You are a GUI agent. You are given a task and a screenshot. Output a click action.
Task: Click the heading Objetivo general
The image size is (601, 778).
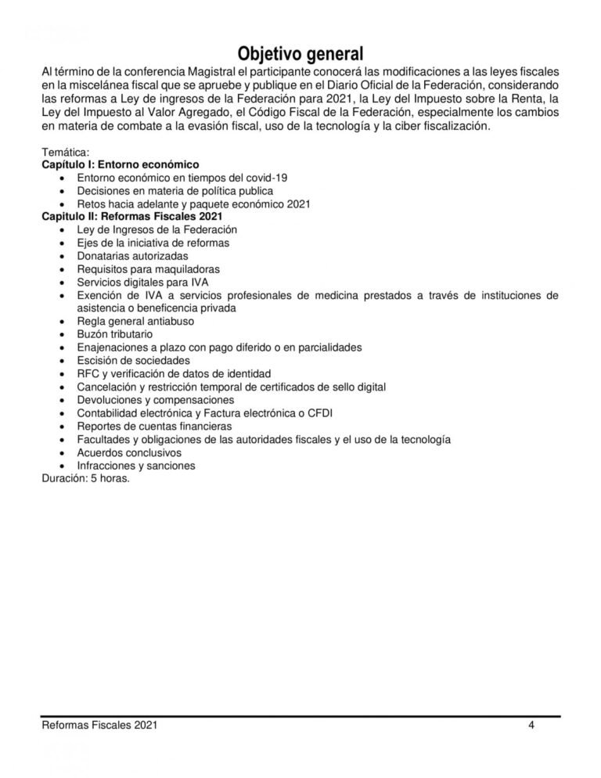[300, 53]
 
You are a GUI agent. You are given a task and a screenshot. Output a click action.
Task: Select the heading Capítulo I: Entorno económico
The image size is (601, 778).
[120, 165]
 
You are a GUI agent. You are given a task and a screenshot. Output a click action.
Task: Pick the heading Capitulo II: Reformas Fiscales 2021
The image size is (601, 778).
[132, 217]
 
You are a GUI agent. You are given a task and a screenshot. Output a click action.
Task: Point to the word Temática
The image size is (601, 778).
[65, 152]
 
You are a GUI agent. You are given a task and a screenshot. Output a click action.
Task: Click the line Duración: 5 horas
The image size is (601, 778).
[85, 478]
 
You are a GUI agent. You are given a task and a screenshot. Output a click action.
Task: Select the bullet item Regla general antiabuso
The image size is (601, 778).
[135, 321]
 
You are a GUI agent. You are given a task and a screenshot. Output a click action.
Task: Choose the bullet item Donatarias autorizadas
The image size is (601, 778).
[132, 256]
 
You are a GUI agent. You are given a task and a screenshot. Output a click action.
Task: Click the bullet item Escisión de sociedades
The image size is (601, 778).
[134, 361]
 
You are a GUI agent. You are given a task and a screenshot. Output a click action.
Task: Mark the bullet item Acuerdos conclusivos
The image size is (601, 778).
[129, 452]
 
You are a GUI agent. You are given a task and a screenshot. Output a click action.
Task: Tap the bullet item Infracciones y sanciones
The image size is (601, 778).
[136, 466]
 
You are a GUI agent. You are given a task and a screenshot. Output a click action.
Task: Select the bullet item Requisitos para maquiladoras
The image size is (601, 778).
[148, 268]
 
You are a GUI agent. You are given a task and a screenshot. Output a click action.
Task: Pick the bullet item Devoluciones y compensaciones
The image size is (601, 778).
[156, 400]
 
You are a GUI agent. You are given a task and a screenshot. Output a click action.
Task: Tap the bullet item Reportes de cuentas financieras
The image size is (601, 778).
[154, 427]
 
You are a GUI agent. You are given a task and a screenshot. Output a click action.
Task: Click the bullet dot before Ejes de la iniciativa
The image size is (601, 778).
[63, 243]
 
